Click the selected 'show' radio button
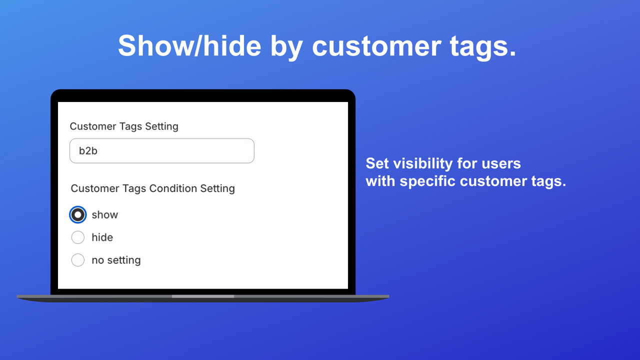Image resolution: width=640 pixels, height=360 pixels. (77, 215)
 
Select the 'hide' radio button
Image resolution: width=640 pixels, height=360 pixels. (77, 237)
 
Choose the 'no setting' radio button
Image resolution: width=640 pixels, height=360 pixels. (77, 260)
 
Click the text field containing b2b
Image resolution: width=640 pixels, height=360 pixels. (161, 151)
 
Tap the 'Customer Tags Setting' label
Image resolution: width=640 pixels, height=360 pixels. (124, 126)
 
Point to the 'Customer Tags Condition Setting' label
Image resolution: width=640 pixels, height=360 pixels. (152, 188)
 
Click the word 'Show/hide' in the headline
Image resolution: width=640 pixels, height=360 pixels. (189, 46)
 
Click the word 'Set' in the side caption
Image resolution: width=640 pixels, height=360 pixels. (377, 163)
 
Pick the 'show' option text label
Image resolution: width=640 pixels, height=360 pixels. (105, 215)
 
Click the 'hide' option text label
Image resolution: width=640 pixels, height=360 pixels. (102, 237)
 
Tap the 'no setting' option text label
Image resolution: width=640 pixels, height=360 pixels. (116, 260)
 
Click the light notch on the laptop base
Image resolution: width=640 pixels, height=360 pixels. (203, 296)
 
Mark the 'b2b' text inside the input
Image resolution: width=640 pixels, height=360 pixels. (88, 151)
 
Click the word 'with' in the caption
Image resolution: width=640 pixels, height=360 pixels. (380, 181)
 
